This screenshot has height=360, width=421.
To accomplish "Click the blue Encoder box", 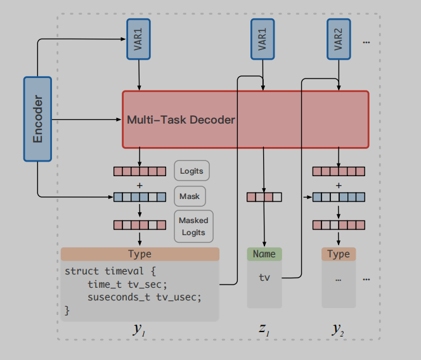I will click(x=37, y=119).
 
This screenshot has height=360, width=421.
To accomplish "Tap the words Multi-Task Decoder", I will click(x=181, y=120).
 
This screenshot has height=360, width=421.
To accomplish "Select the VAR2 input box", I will click(x=339, y=39).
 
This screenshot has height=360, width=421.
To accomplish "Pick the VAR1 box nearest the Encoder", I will click(x=139, y=39).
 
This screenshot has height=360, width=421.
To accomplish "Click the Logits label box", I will click(x=191, y=170).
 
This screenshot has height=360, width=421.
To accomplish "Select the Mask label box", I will click(x=190, y=196).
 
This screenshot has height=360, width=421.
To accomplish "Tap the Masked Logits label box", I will click(x=193, y=227).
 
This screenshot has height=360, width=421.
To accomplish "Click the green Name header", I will click(x=264, y=254).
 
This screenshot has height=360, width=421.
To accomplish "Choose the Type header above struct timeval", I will click(x=139, y=254).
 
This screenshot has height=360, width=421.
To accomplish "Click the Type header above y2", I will click(x=338, y=254).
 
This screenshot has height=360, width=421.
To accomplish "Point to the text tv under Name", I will click(x=264, y=278).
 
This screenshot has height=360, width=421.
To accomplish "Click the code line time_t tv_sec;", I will click(x=127, y=285).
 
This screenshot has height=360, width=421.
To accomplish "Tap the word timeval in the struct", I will click(x=123, y=271).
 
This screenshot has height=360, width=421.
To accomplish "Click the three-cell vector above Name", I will click(x=264, y=196).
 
